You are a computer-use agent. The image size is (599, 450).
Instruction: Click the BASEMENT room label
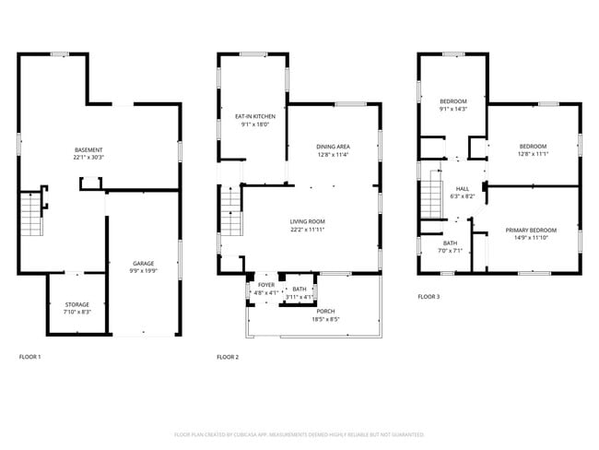pyautogui.click(x=88, y=149)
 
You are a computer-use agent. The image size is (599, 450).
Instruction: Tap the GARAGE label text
pyautogui.click(x=143, y=264)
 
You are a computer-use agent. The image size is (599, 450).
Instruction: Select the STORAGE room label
pyautogui.click(x=76, y=304)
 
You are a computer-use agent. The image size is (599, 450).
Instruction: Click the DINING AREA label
pyautogui.click(x=333, y=147)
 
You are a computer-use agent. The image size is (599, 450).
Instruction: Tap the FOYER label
pyautogui.click(x=265, y=287)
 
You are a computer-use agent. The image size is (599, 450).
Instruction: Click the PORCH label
pyautogui.click(x=325, y=312)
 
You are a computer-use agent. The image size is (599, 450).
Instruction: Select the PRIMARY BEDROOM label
pyautogui.click(x=530, y=230)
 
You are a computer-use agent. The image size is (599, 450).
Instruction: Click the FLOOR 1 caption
pyautogui.click(x=30, y=356)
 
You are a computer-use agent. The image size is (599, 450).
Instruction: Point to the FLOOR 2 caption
pyautogui.click(x=228, y=356)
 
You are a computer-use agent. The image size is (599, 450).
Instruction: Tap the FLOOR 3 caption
pyautogui.click(x=429, y=297)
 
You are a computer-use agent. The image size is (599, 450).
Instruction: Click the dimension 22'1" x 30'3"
pyautogui.click(x=88, y=158)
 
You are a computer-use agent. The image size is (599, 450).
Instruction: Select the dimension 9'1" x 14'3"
pyautogui.click(x=452, y=109)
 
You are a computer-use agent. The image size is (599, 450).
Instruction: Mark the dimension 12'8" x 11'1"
pyautogui.click(x=533, y=154)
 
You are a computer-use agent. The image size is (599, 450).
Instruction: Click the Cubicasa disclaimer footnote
pyautogui.click(x=299, y=433)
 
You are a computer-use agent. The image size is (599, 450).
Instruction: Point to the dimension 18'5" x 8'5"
pyautogui.click(x=325, y=320)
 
